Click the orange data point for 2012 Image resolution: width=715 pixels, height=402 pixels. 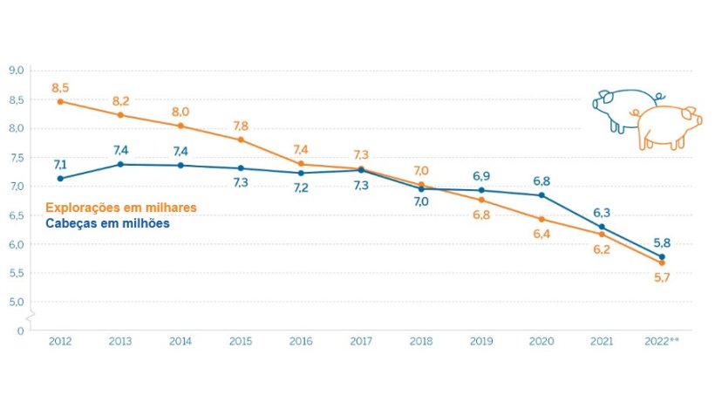coord(60,101)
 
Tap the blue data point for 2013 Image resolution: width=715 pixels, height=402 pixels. coord(120,164)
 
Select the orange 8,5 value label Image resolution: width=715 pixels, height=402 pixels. coord(60,87)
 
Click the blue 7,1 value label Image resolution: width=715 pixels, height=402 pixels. coord(60,164)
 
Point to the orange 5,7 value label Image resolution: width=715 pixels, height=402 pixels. coord(662,277)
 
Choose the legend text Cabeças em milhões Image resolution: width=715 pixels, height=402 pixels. coord(107,223)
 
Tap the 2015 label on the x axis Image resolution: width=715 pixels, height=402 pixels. coord(241,342)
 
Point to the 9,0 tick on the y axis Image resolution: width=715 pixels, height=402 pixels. coord(16,71)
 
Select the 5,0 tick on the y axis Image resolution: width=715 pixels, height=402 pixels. coord(16,302)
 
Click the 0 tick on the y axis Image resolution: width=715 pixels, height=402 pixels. coord(19,330)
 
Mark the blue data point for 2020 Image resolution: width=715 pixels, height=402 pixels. coord(541,194)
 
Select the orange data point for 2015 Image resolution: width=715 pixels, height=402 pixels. coord(241,140)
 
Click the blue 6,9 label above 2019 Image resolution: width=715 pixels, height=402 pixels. coord(481,176)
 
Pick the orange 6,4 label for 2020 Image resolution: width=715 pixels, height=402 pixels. coord(541,235)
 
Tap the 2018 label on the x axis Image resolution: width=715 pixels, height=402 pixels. coord(421,342)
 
